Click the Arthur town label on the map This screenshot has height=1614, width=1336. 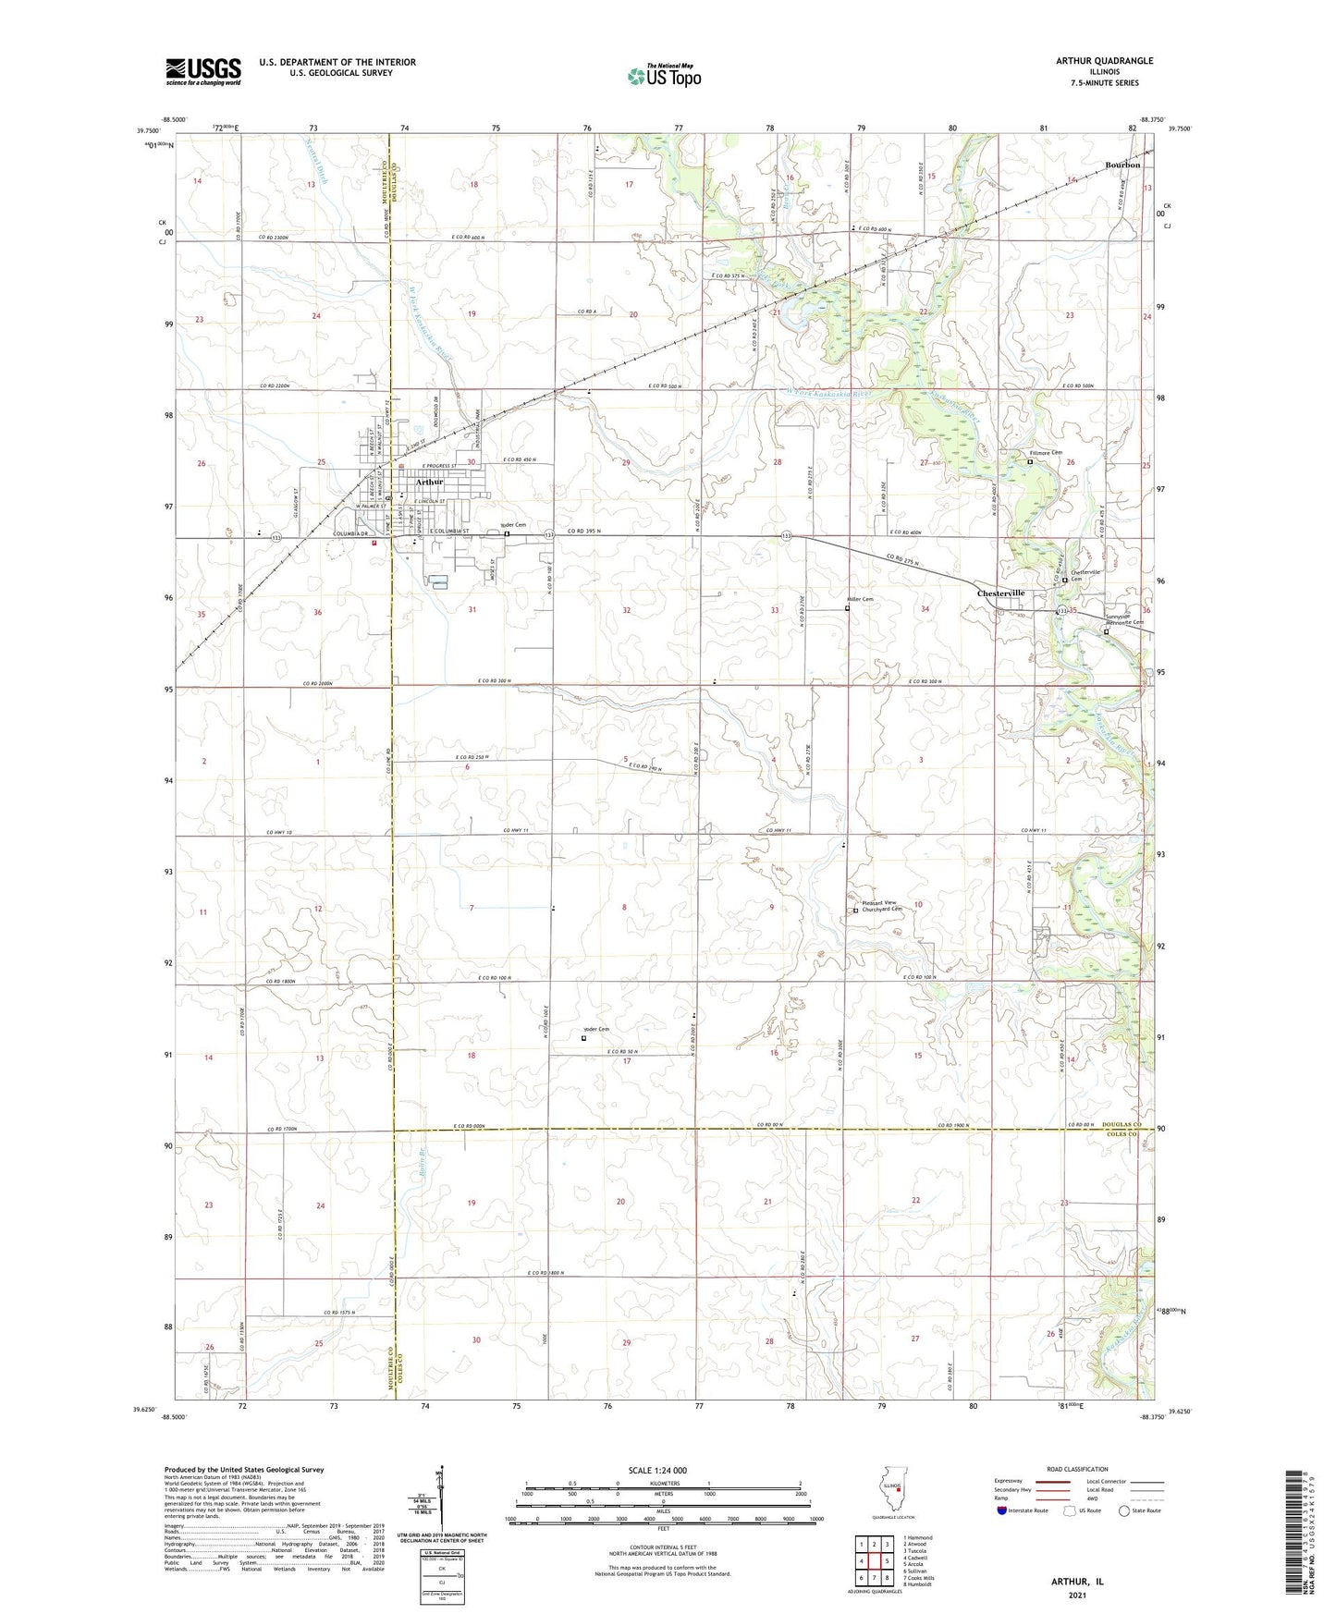(429, 482)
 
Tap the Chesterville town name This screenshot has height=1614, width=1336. (1001, 593)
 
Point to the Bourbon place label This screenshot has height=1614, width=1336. (1122, 165)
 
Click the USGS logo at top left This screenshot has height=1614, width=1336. (203, 71)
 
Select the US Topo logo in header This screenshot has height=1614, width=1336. (663, 76)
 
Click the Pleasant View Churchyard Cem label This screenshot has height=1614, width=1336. (878, 906)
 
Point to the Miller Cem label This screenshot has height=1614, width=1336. (860, 599)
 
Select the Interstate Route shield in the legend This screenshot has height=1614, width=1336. (1003, 1510)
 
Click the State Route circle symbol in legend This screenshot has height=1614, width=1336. (1124, 1510)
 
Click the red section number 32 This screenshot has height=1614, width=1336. (627, 610)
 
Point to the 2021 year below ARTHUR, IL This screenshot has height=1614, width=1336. (1076, 1595)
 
